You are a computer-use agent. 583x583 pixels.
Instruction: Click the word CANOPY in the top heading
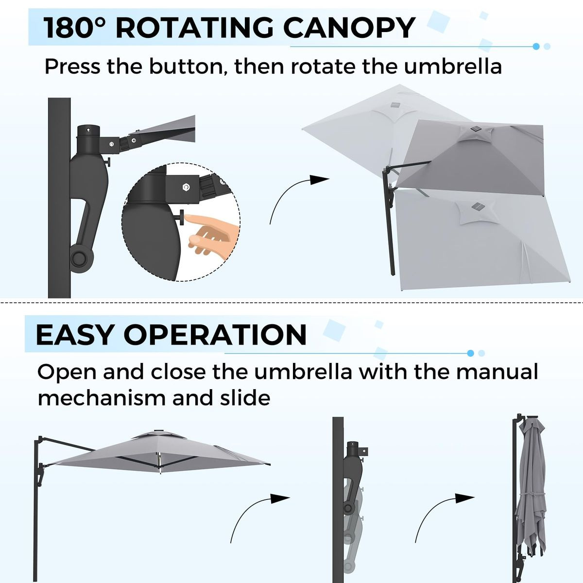point(349,28)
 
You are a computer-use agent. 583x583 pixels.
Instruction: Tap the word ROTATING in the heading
point(196,28)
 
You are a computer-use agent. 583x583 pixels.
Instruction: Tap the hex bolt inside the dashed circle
point(185,187)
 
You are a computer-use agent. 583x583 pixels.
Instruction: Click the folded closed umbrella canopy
point(530,491)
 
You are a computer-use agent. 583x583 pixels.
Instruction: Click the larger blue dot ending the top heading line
point(536,47)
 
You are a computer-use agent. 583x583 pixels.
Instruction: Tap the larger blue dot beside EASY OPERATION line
point(470,353)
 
